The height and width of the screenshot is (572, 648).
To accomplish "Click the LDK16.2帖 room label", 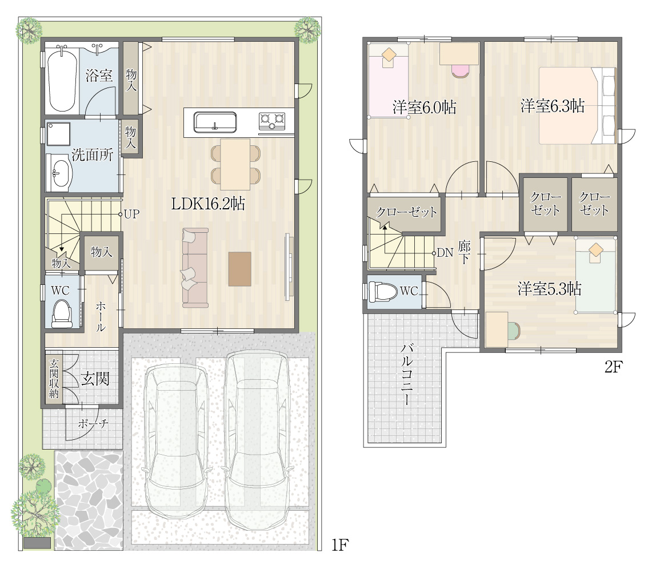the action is click(208, 204).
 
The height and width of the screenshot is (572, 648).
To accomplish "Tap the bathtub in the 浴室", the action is click(62, 80).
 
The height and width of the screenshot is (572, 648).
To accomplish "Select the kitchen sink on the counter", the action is click(215, 122).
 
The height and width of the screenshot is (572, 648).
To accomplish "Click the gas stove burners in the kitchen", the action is click(272, 120).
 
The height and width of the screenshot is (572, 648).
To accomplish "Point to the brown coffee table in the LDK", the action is click(239, 269).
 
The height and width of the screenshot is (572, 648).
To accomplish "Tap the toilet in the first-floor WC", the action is click(62, 313).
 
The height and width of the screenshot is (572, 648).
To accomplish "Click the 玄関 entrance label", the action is click(95, 379).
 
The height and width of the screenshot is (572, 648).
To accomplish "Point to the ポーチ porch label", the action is click(93, 424).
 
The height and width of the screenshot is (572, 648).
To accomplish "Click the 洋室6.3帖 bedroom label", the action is click(552, 106).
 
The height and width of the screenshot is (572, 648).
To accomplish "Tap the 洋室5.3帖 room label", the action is click(549, 289).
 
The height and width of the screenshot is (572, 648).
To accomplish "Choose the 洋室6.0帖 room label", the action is click(424, 108).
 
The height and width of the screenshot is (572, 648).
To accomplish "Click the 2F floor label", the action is click(613, 367).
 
